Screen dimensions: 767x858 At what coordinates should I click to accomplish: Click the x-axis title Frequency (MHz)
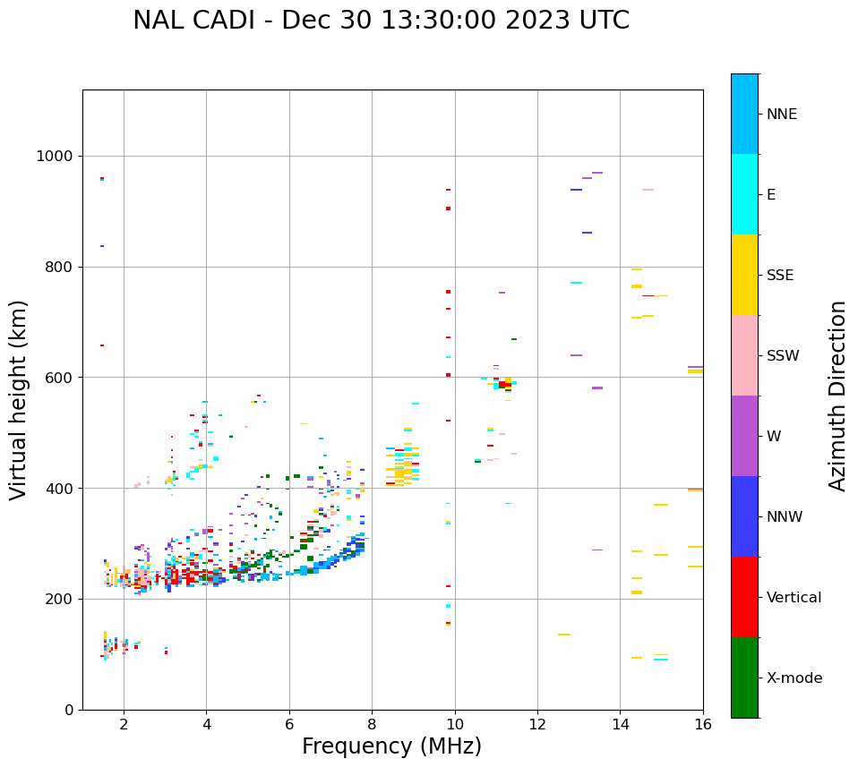[391, 746]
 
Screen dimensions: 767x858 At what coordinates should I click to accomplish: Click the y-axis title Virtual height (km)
[19, 400]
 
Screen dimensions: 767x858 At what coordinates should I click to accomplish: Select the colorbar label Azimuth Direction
[837, 396]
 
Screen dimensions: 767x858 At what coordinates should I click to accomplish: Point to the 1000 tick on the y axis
[56, 157]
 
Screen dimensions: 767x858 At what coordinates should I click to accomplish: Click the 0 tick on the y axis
[69, 710]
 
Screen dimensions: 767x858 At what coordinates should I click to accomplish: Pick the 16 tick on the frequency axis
[703, 724]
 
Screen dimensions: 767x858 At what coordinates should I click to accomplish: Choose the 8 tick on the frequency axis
[372, 724]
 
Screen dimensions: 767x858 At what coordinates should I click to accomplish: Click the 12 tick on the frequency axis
[537, 724]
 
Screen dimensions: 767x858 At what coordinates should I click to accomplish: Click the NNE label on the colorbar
[781, 115]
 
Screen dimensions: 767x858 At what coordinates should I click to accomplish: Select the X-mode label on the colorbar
[794, 678]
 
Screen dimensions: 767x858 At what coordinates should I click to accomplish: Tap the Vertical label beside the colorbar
[793, 598]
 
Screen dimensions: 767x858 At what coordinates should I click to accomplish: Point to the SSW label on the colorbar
[783, 356]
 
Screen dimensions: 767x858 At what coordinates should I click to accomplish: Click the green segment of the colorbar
[744, 678]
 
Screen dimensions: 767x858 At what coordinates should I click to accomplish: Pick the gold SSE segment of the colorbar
[744, 275]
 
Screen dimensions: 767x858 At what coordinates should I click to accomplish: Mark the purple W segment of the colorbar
[744, 436]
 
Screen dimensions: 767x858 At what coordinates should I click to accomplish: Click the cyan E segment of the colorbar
[744, 194]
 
